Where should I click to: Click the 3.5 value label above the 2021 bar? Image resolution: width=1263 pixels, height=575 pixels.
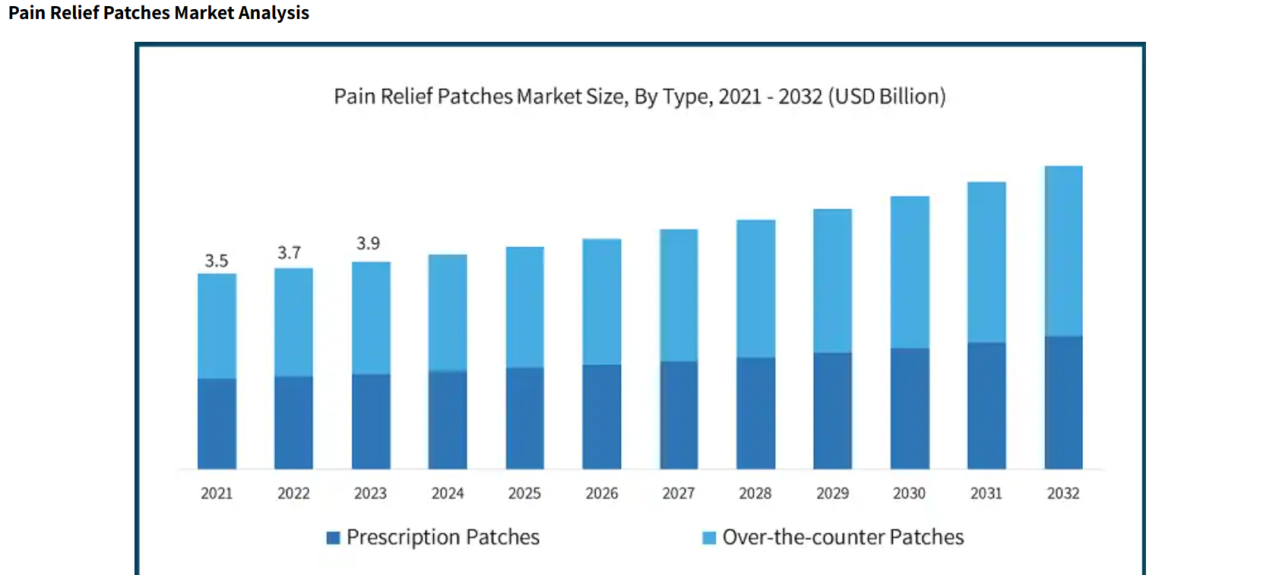point(217,261)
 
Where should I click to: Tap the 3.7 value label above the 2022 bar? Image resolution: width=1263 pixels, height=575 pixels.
point(289,253)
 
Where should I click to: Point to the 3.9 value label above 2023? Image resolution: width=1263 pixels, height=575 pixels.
point(368,243)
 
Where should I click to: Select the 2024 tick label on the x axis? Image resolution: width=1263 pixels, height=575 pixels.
point(448,494)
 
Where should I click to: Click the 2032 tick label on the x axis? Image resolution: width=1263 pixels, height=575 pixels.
point(1063,494)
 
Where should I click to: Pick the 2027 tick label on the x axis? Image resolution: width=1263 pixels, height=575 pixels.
point(679,494)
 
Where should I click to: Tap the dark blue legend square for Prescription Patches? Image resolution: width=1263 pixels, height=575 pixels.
point(333,538)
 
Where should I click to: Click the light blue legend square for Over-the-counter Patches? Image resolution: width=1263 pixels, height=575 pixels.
point(709,538)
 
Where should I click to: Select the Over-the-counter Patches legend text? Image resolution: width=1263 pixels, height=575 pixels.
point(843,538)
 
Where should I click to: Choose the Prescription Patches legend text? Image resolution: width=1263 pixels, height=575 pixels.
point(443,538)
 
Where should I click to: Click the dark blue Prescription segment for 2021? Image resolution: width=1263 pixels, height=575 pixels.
point(217,423)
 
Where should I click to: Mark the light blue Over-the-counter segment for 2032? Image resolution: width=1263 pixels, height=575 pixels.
point(1063,251)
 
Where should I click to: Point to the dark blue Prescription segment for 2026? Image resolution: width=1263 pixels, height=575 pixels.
point(602,416)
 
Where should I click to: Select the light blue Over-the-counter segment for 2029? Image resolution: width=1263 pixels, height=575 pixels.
point(832,281)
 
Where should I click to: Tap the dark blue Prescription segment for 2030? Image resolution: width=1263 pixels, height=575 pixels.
point(910,408)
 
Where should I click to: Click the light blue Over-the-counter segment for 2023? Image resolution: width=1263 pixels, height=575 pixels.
point(371,318)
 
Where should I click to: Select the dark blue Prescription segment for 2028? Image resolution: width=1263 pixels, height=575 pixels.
point(755,412)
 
